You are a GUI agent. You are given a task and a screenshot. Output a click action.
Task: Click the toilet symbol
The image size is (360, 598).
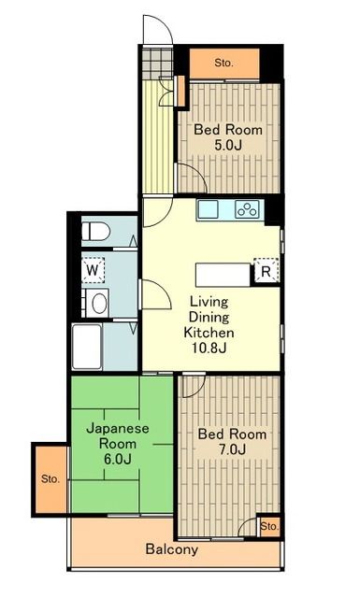tap(95, 232)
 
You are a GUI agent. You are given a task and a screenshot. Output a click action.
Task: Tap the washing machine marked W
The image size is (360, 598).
tap(93, 270)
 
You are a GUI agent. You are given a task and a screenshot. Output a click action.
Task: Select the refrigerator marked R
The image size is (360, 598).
tap(266, 271)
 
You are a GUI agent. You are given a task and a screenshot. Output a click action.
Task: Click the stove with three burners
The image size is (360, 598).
tap(247, 209)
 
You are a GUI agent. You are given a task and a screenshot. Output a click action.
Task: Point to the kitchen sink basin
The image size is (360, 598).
tap(209, 209)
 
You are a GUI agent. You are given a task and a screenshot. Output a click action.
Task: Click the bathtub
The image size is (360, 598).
tap(87, 347)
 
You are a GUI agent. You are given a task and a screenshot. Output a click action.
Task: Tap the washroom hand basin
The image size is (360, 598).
tap(98, 304)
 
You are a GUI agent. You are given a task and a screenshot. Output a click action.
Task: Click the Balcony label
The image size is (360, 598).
tap(172, 549)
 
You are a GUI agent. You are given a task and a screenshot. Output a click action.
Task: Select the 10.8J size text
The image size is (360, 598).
tap(209, 348)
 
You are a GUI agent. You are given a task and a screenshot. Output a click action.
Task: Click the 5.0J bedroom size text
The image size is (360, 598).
tap(228, 146)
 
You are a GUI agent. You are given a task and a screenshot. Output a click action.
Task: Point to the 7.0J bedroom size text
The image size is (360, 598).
tap(232, 449)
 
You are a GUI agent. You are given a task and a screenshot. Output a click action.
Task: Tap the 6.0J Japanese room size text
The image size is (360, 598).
tap(118, 459)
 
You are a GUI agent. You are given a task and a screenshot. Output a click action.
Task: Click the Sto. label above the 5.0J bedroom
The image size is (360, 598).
tap(223, 63)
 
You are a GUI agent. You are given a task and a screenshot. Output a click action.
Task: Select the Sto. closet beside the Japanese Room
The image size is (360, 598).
tap(50, 479)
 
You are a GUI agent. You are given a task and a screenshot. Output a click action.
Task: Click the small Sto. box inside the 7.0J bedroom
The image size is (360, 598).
tap(269, 527)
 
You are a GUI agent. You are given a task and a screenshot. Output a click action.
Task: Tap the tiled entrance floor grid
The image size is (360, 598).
tap(158, 63)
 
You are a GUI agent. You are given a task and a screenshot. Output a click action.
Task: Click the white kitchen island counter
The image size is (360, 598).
tap(223, 275)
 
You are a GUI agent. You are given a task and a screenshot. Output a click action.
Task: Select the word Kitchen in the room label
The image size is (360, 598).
tap(209, 333)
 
